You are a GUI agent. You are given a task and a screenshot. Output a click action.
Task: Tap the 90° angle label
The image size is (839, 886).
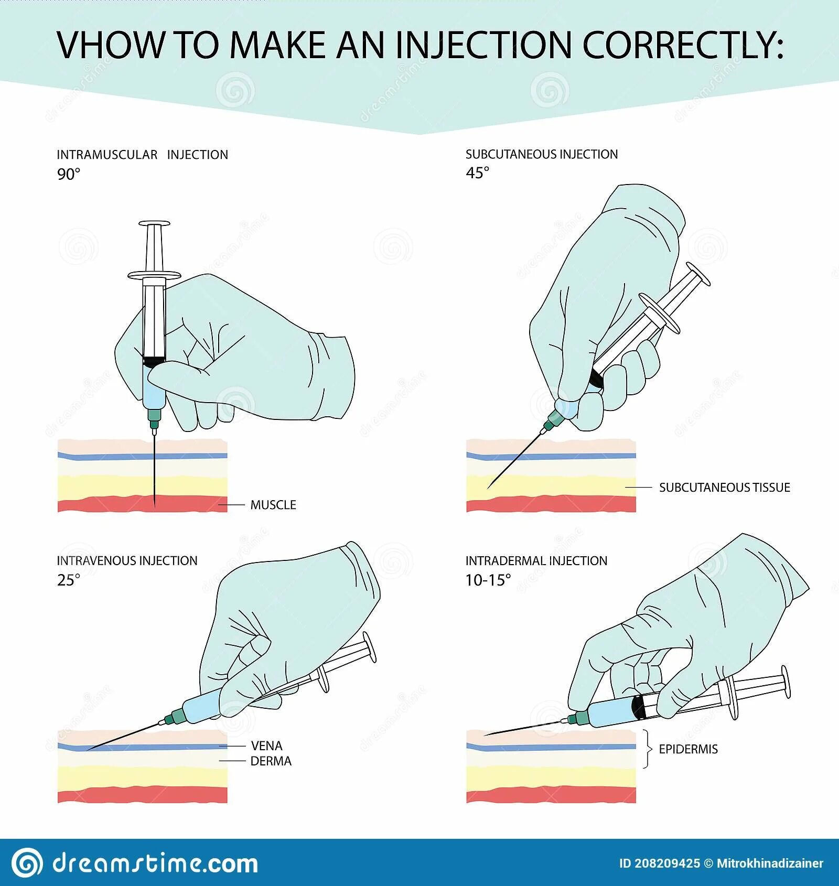[69, 174]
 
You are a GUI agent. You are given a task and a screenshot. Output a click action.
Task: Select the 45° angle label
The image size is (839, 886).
[477, 173]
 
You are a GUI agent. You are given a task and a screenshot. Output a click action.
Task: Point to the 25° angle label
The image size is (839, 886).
[69, 580]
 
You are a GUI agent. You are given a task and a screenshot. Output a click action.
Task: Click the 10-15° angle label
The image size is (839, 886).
[488, 580]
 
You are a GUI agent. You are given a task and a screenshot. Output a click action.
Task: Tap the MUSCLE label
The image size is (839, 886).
[273, 505]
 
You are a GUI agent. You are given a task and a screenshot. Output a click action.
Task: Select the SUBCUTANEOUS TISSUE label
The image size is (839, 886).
[724, 488]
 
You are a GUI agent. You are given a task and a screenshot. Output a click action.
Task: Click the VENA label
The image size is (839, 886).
[266, 745]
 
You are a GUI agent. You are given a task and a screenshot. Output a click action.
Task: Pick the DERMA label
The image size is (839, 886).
[271, 761]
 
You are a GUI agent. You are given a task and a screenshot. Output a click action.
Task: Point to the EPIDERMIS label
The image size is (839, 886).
[688, 749]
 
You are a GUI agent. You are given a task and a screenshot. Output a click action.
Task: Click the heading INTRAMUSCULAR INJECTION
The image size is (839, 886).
[142, 155]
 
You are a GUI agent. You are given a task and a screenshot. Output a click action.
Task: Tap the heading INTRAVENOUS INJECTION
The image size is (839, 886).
[127, 560]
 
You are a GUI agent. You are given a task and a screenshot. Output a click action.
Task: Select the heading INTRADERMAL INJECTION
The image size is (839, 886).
[536, 560]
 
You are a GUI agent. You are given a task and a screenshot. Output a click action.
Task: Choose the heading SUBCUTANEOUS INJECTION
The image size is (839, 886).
[542, 154]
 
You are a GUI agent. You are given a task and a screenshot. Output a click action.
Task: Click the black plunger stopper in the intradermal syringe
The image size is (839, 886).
[639, 707]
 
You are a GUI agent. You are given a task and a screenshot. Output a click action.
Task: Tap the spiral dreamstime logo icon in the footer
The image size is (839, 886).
[27, 862]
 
